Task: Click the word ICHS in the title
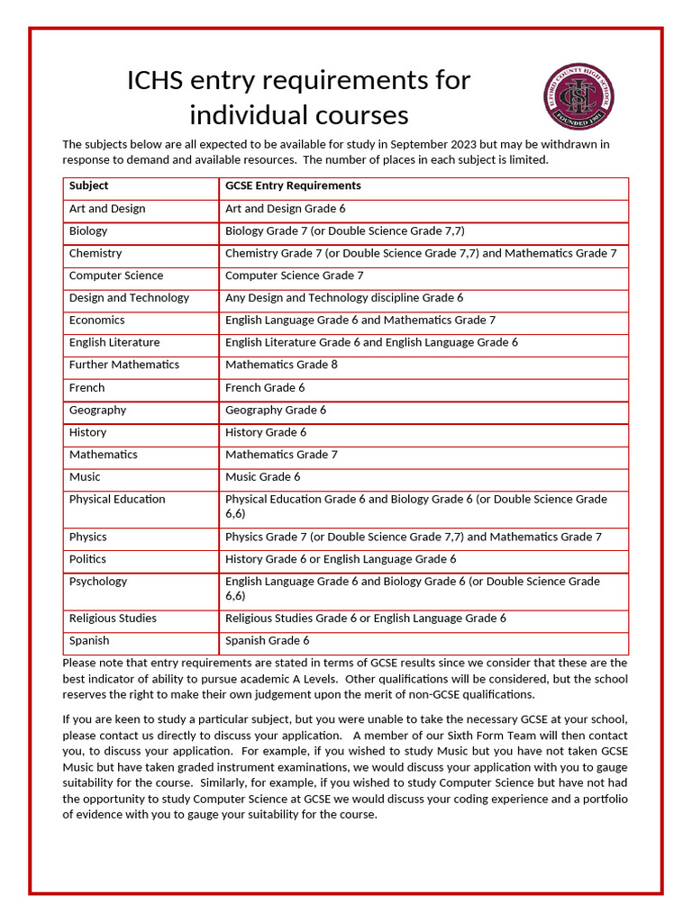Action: point(156,80)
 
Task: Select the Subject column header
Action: point(88,185)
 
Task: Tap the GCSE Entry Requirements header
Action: point(293,185)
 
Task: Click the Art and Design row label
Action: point(107,208)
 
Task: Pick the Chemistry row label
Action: point(96,253)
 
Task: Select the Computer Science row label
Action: point(116,276)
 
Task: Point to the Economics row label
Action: point(97,320)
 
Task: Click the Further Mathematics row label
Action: point(124,365)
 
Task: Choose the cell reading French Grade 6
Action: point(265,387)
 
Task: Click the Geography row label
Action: point(98,410)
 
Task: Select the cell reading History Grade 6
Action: point(266,432)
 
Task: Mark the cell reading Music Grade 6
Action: point(263,476)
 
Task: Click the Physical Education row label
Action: point(117,499)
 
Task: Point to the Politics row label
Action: point(87,559)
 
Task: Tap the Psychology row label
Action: point(98,582)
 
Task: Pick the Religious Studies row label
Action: point(113,619)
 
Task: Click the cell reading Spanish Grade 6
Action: point(267,640)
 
